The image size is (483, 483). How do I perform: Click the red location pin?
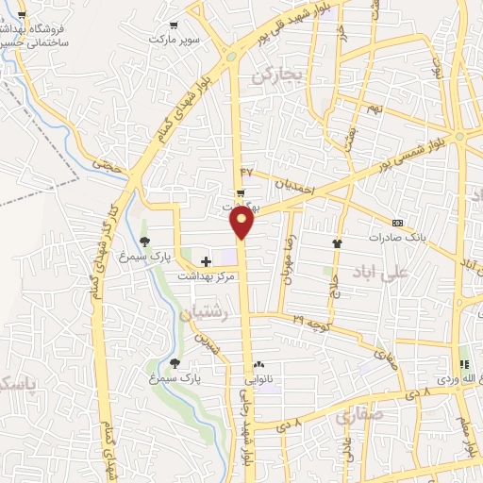pyautogui.click(x=242, y=223)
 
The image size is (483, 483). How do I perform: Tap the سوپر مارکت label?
pyautogui.click(x=175, y=41)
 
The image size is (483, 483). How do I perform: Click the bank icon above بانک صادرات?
pyautogui.click(x=396, y=223)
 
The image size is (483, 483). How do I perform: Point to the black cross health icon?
pyautogui.click(x=207, y=260)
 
